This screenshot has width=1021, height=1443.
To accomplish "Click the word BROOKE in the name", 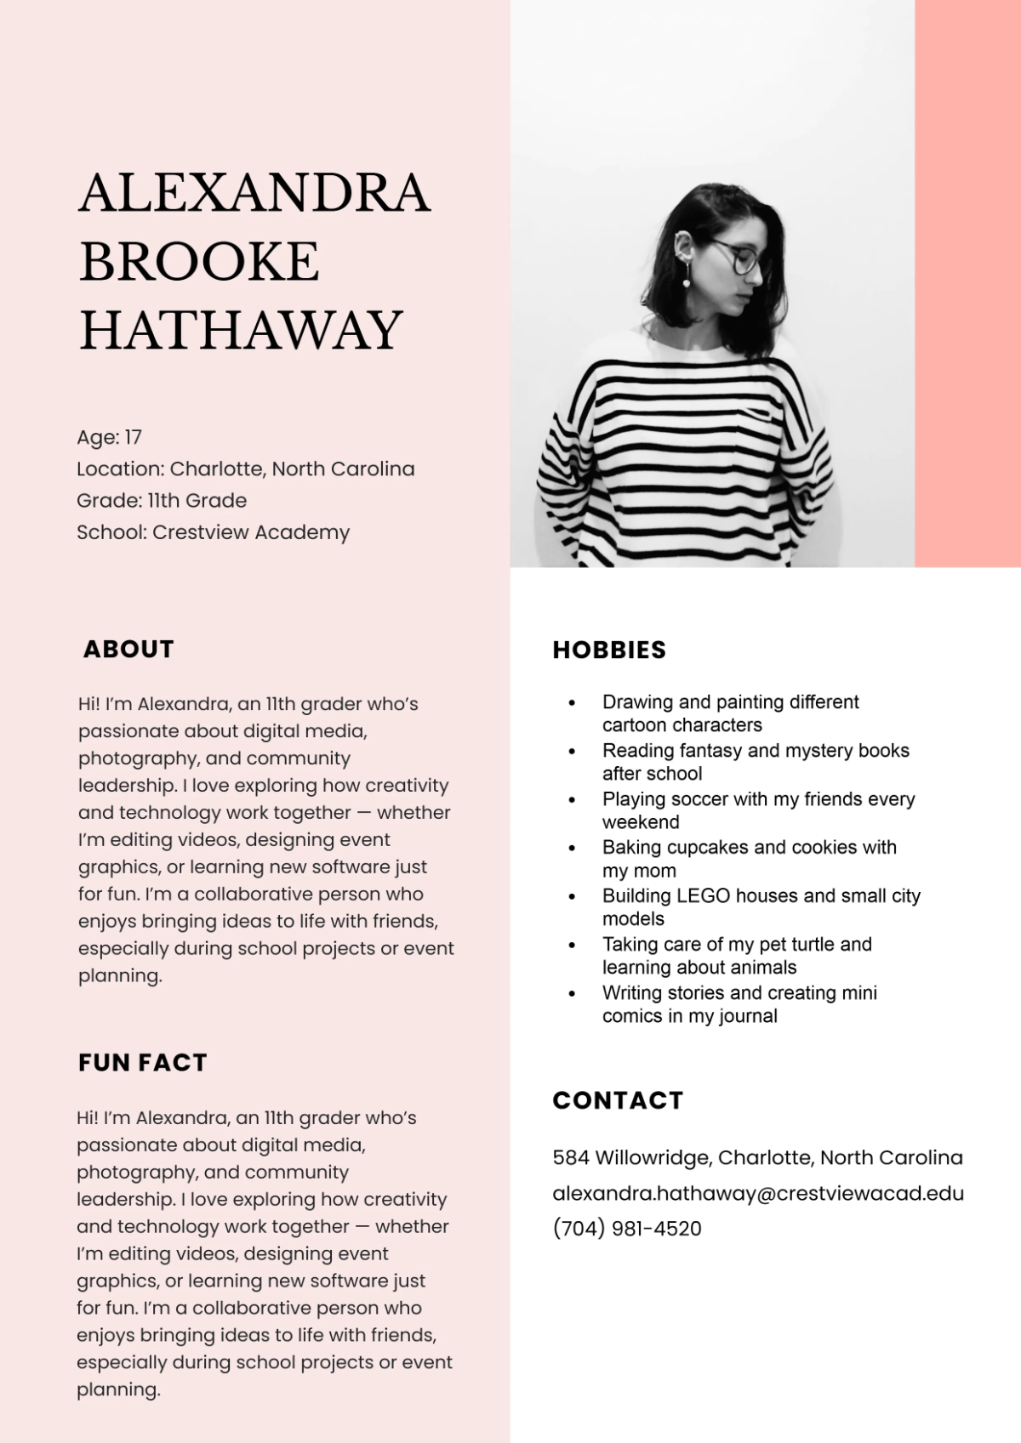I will pyautogui.click(x=199, y=261).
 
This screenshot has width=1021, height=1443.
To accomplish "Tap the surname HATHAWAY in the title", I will pyautogui.click(x=241, y=330).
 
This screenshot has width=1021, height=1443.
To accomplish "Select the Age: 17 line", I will pyautogui.click(x=109, y=437).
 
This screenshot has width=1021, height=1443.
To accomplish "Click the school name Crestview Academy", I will pyautogui.click(x=251, y=532).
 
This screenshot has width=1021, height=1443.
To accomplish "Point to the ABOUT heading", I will pyautogui.click(x=128, y=649).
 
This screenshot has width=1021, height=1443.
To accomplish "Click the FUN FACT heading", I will pyautogui.click(x=142, y=1062).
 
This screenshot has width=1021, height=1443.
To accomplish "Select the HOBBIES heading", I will pyautogui.click(x=609, y=650).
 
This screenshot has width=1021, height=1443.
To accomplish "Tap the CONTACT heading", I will pyautogui.click(x=618, y=1100).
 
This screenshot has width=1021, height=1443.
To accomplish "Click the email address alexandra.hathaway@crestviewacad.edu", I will pyautogui.click(x=758, y=1193).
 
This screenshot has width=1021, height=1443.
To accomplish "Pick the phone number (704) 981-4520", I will pyautogui.click(x=627, y=1229).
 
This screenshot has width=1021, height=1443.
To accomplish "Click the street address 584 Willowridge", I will pyautogui.click(x=633, y=1158).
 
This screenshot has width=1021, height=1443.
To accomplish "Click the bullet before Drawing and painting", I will pyautogui.click(x=572, y=703).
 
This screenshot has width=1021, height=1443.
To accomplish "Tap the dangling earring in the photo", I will pyautogui.click(x=687, y=276).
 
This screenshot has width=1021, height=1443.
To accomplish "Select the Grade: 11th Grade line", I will pyautogui.click(x=162, y=501).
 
